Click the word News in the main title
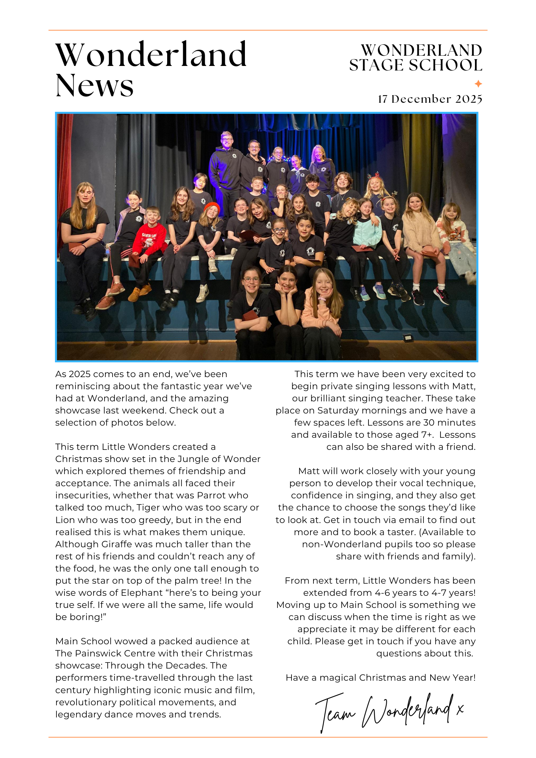94,86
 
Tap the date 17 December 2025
430,99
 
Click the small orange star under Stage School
478,83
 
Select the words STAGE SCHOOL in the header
415,66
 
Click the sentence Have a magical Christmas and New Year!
381,678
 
